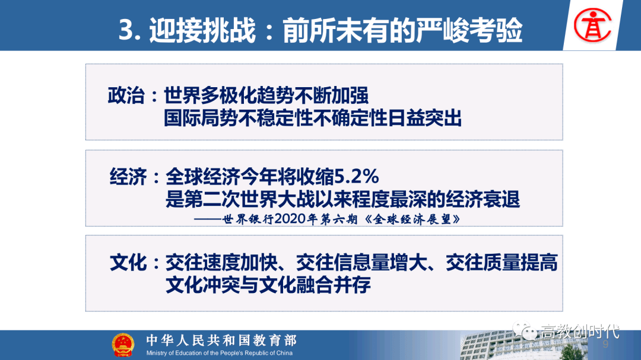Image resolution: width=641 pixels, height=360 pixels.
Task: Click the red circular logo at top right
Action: pos(592,25)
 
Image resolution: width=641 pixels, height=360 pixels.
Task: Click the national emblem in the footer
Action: pos(123,345)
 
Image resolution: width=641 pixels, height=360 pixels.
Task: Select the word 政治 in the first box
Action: pos(126,95)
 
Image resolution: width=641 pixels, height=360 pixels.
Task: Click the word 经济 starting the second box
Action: pos(128,177)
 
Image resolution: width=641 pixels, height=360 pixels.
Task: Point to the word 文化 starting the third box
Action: pos(128,263)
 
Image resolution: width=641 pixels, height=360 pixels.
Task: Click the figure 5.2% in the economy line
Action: pos(357,177)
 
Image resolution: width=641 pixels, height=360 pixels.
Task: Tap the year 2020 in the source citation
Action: pos(290,219)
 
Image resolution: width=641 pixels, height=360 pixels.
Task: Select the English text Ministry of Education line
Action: pos(220,353)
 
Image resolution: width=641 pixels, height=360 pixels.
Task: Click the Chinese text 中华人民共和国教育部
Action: pos(221,340)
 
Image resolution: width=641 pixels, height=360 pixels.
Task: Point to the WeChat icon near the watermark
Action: pos(525,330)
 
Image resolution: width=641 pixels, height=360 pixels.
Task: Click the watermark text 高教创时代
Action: pos(580,332)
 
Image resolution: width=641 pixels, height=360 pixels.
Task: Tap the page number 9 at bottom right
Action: pos(605,344)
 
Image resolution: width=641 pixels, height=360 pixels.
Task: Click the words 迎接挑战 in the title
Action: pos(202,30)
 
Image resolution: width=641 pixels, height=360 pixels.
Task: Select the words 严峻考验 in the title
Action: pos(469,30)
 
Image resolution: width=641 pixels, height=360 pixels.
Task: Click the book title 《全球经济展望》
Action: pos(412,219)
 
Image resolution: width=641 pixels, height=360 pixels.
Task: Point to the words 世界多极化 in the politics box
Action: pos(210,95)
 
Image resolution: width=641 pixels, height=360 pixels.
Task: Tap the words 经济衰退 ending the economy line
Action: pos(483,199)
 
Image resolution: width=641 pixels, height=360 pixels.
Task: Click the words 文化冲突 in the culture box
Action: pos(203,285)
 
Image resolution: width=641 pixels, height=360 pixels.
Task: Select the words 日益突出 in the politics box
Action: pos(424,118)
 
